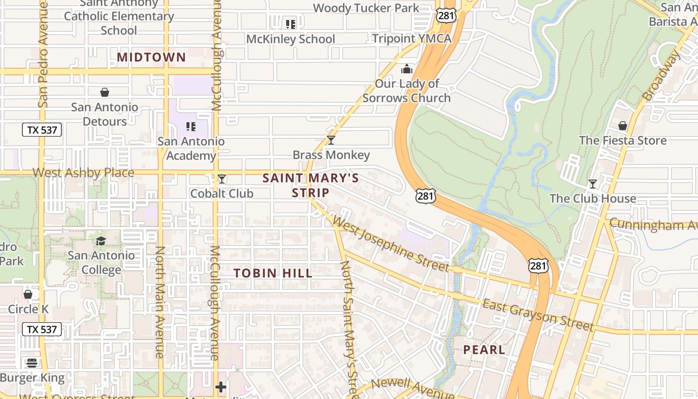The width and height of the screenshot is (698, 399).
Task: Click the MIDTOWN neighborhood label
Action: coord(151,57)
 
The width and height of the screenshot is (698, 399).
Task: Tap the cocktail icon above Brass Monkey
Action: coord(331,140)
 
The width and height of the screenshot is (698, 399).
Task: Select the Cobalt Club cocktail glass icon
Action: coord(222,179)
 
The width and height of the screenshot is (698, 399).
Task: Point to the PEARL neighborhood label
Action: coord(484,350)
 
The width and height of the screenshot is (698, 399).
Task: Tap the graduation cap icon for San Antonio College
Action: coord(101,241)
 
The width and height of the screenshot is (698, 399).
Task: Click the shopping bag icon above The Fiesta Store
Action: coord(623,126)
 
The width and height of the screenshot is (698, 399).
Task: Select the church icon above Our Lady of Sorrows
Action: coord(407,69)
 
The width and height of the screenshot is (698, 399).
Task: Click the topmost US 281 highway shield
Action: coord(445,15)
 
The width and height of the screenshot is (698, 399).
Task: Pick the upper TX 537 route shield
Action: coord(42,130)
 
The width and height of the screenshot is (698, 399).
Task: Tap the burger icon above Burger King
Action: coord(32,363)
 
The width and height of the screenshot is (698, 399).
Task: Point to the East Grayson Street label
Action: coord(538,315)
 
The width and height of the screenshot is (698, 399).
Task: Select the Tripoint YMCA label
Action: coord(411,38)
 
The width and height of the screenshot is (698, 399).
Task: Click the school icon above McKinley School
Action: coord(291,24)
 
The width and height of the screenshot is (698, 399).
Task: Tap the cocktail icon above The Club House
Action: coord(592,184)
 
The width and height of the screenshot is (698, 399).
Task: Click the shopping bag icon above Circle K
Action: coord(28,294)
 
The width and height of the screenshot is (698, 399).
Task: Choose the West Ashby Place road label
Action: coord(83,173)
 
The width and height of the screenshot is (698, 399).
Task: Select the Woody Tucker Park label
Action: coord(366,8)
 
